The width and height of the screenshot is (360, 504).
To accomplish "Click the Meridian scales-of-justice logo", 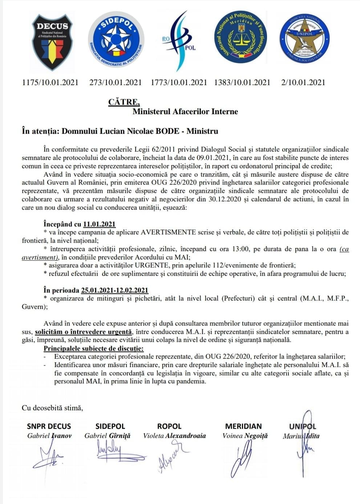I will [240, 38].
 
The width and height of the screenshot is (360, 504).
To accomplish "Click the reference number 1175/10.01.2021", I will [50, 82].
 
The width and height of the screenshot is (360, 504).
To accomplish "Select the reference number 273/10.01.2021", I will [116, 82].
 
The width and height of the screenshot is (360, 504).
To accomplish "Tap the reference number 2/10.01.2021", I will [303, 82].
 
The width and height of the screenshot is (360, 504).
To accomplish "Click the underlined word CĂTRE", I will [124, 102].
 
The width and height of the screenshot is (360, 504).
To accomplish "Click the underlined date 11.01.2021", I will [99, 224].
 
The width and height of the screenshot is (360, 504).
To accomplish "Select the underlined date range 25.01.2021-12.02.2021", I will [114, 290].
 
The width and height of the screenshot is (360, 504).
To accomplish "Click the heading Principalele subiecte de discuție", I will [93, 349].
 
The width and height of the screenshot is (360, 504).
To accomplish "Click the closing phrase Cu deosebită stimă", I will [52, 408].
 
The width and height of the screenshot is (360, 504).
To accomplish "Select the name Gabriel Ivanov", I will [49, 436].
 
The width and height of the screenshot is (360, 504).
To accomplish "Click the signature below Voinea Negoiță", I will [242, 460].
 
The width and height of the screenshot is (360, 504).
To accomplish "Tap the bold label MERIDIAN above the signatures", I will [243, 426].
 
